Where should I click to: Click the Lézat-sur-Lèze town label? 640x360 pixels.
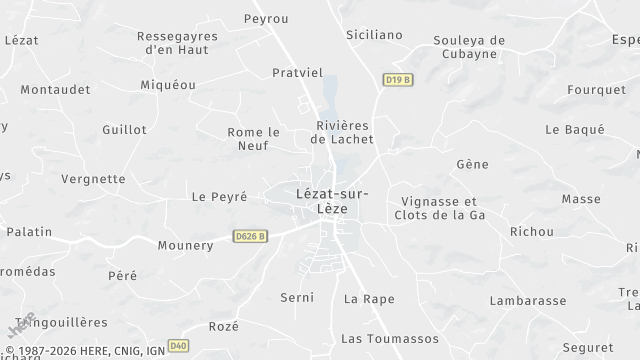[x=332, y=202]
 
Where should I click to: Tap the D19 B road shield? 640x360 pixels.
[x=397, y=79]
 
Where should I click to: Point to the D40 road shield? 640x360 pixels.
[x=178, y=346]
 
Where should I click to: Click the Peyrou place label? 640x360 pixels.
[x=266, y=19]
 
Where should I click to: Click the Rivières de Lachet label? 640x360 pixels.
[x=343, y=132]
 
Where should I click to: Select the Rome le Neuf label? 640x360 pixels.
[x=254, y=138]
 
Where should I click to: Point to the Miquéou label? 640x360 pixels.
[x=168, y=85]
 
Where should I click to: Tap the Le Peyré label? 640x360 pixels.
[x=219, y=197]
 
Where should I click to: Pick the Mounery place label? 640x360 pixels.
[x=185, y=245]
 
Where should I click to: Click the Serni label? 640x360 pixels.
[x=297, y=297]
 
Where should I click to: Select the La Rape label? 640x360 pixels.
[x=369, y=298]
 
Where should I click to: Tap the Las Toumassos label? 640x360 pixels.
[x=389, y=338]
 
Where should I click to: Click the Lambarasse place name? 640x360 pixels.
[x=529, y=299]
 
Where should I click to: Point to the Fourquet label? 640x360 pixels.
[x=596, y=89]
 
